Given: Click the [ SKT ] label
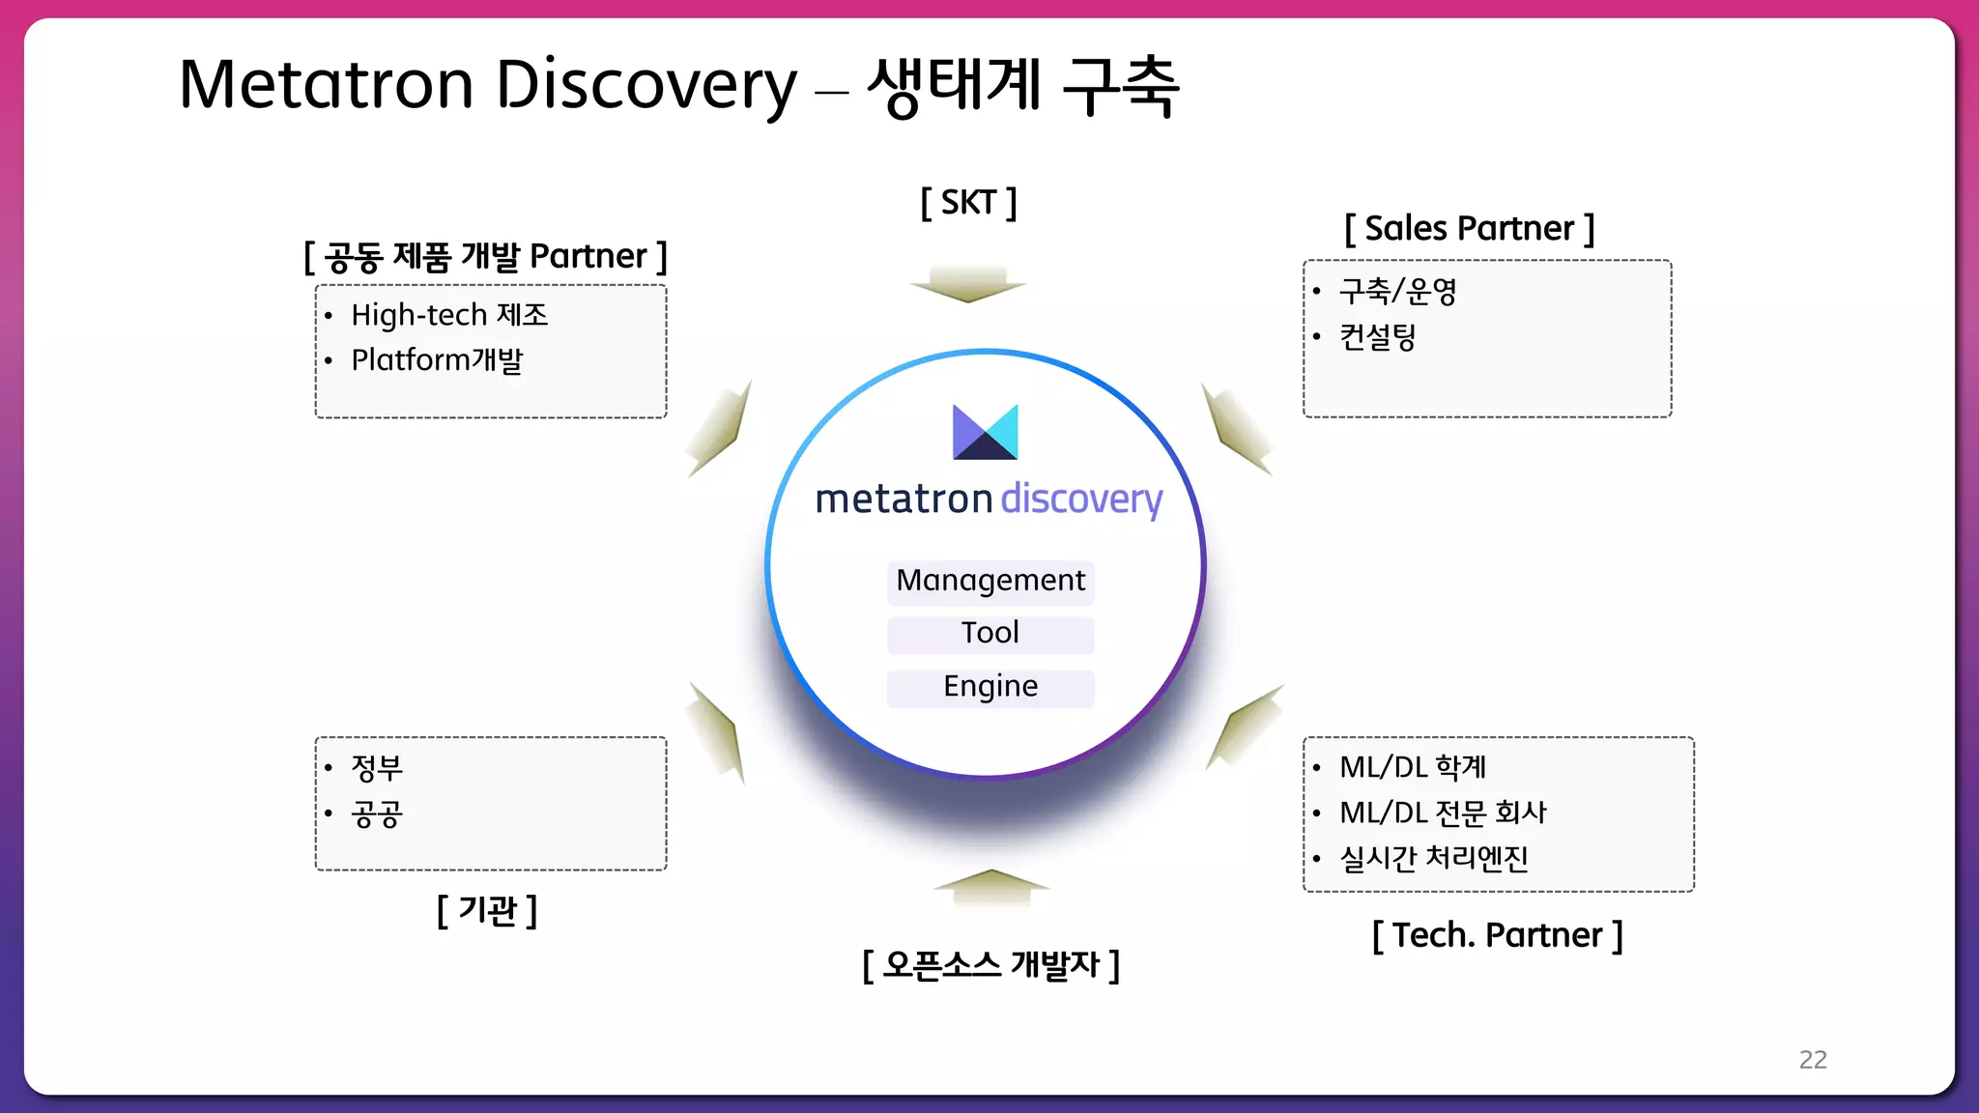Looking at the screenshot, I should click(968, 203).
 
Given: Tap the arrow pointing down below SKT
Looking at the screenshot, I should click(968, 284).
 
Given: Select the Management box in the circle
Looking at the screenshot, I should click(990, 581).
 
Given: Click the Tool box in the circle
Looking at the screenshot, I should click(990, 634).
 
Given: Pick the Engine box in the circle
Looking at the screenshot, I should click(990, 687).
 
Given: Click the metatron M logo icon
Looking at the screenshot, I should click(985, 432).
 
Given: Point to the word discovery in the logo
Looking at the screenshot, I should click(1081, 499).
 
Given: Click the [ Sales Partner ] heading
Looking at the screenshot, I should click(1469, 229).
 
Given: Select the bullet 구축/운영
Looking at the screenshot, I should click(1397, 291).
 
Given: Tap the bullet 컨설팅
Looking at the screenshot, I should click(1377, 337).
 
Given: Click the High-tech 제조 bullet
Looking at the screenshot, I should click(449, 315).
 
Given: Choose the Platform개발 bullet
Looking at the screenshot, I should click(437, 360).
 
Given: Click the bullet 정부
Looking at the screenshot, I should click(377, 768).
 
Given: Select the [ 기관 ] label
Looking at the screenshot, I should click(487, 910).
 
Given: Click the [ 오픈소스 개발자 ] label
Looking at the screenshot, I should click(990, 964).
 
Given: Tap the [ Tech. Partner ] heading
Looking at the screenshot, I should click(1497, 935).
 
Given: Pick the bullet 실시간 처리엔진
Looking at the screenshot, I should click(1433, 858).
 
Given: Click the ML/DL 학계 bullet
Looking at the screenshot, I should click(1412, 767).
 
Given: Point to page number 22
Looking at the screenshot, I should click(1812, 1060).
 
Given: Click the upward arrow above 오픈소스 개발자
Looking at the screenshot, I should click(991, 885).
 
